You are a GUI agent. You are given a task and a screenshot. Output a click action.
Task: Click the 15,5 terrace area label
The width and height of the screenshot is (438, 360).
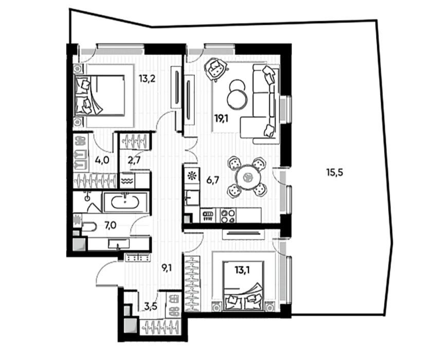pos(335,173)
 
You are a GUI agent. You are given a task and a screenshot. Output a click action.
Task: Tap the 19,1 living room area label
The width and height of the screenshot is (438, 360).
pos(222,119)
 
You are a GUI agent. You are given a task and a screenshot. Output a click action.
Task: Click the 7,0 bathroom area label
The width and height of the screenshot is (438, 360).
pos(111,225)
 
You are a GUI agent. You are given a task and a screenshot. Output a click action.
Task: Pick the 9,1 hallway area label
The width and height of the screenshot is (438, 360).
pos(167,268)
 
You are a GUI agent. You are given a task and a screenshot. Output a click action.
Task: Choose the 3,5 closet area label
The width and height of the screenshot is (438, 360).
pos(151,306)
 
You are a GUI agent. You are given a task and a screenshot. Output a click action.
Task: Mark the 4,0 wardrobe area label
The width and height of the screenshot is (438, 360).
pos(101,160)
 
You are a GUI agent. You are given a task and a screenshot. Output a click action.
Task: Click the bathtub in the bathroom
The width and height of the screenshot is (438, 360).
pos(124,202)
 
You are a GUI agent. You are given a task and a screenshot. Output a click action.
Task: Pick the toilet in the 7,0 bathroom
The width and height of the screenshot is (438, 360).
pos(87,226)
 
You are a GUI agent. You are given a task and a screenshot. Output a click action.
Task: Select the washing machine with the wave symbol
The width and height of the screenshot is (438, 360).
pos(127,181)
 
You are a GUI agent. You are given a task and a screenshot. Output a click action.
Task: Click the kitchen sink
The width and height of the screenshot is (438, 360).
pos(192,198)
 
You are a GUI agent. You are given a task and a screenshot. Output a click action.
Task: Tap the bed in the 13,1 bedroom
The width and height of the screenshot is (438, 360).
pos(244,285)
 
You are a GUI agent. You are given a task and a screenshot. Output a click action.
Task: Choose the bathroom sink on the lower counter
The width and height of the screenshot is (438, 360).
pos(119,244)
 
